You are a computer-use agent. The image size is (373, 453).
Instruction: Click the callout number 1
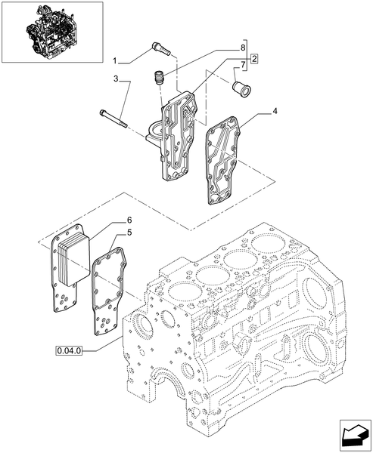[x=116, y=60]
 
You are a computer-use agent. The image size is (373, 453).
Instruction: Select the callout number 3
[x=116, y=79]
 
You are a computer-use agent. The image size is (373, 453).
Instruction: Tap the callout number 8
[x=243, y=47]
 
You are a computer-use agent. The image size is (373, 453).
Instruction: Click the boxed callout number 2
[x=255, y=59]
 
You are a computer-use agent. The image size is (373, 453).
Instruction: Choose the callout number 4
[x=275, y=112]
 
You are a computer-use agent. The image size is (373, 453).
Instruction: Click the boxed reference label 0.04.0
[x=70, y=350]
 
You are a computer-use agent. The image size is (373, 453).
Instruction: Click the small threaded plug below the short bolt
[x=159, y=77]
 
